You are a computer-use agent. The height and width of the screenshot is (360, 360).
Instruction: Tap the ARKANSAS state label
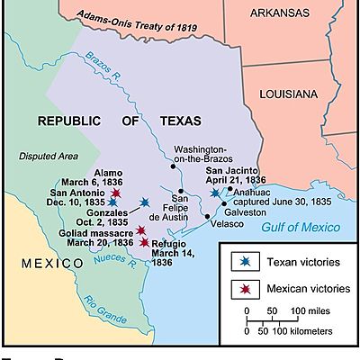tap(286, 38)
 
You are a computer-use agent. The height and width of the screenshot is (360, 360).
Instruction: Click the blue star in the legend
tap(245, 262)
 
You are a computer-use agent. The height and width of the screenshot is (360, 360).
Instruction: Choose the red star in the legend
tap(245, 289)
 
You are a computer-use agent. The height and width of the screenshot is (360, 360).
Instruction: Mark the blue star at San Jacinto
tap(213, 193)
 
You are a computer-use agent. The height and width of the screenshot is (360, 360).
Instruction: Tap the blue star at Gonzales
tap(144, 203)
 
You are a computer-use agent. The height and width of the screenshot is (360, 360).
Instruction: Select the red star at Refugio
tap(144, 241)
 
